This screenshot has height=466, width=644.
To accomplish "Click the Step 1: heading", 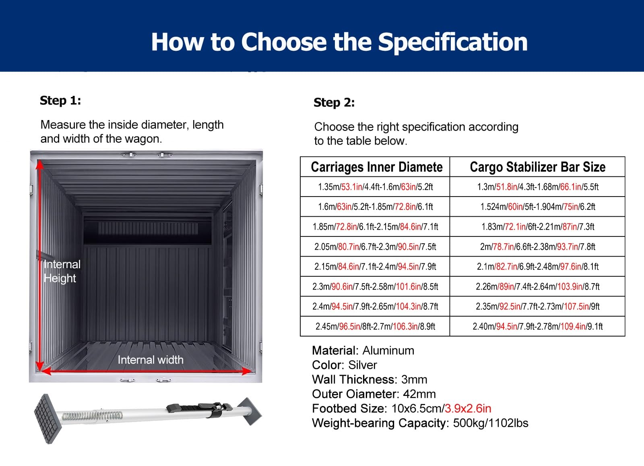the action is pyautogui.click(x=60, y=101).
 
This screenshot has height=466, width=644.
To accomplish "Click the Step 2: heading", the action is pyautogui.click(x=334, y=103).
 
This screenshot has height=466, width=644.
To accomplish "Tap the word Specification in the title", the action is pyautogui.click(x=452, y=42).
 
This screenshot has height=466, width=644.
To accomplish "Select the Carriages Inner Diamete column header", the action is pyautogui.click(x=377, y=167).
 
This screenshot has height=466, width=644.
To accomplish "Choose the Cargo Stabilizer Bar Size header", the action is pyautogui.click(x=538, y=167).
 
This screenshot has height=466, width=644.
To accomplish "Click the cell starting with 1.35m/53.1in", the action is pyautogui.click(x=375, y=187).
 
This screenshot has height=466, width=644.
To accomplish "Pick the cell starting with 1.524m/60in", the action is pyautogui.click(x=538, y=207).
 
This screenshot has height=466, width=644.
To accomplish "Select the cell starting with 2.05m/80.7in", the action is pyautogui.click(x=375, y=247).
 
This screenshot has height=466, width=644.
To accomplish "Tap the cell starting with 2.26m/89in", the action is pyautogui.click(x=538, y=286).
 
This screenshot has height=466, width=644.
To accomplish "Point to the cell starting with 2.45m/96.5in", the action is pyautogui.click(x=375, y=327).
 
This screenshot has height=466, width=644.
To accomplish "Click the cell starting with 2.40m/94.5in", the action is pyautogui.click(x=538, y=327).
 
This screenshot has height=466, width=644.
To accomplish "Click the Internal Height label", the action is pyautogui.click(x=62, y=271).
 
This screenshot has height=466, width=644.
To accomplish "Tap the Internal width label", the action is pyautogui.click(x=151, y=360).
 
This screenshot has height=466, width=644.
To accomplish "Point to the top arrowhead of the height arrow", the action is pyautogui.click(x=40, y=164).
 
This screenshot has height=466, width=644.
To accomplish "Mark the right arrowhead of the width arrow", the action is pyautogui.click(x=247, y=371).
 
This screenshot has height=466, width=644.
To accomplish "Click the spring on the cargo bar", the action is pyautogui.click(x=93, y=416).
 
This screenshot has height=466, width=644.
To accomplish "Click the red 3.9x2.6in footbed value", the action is pyautogui.click(x=468, y=409).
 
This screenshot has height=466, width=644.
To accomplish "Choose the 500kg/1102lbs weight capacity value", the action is pyautogui.click(x=491, y=423).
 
